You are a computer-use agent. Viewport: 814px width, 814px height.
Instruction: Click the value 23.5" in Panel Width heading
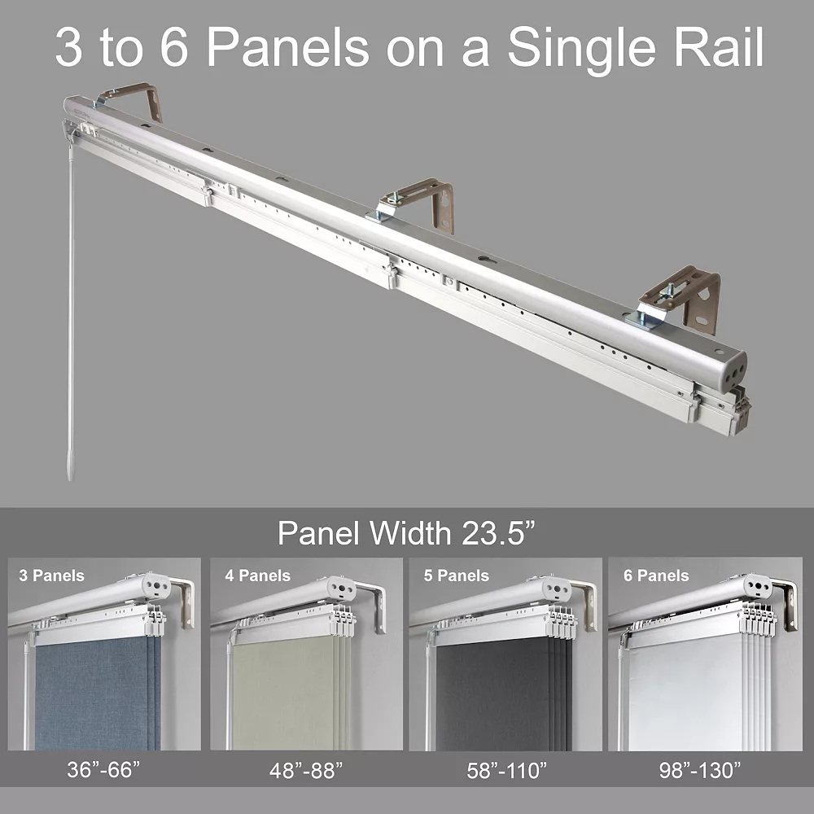[498, 533]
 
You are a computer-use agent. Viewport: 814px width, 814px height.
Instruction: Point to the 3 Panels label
[51, 575]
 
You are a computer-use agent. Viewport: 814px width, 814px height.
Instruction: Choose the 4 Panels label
[257, 575]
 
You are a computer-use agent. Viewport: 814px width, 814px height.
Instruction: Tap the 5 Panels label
[456, 575]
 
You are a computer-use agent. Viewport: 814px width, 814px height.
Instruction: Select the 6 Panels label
[656, 575]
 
